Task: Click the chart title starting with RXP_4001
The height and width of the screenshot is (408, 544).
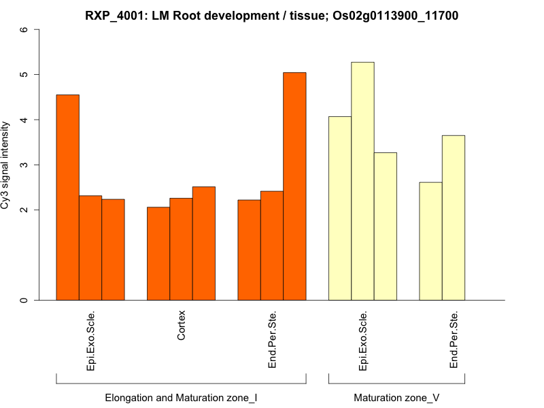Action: point(271,15)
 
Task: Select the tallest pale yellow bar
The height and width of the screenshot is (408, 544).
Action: point(362,181)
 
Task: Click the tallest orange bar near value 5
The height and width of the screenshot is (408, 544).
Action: point(294,186)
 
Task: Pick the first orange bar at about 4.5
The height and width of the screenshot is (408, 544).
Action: point(67,197)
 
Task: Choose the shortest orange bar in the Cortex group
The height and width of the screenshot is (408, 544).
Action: point(158,253)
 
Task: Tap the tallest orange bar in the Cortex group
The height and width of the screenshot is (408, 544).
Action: point(204,243)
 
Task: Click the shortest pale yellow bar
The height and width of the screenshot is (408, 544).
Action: point(430,241)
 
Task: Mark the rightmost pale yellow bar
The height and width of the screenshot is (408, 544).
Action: point(454,218)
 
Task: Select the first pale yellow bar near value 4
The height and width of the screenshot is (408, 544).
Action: point(340,208)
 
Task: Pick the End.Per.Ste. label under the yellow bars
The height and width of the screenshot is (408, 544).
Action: point(454,340)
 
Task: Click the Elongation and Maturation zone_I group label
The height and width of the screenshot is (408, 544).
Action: point(181,397)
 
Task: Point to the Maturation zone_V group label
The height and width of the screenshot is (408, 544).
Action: point(396,397)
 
